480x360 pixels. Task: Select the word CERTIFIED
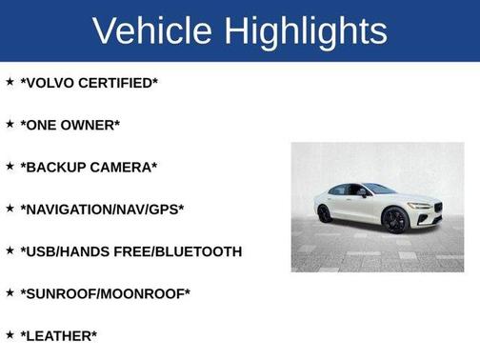(x=120, y=83)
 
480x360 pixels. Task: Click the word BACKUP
(x=55, y=167)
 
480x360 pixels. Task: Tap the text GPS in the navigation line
(x=163, y=209)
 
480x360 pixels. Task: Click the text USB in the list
(x=41, y=251)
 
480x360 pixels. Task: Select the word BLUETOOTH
(x=200, y=251)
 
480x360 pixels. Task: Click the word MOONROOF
(x=144, y=293)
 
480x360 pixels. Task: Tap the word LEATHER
(x=59, y=335)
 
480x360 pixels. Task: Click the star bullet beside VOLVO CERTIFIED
(x=10, y=82)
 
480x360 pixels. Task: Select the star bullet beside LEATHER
(x=10, y=334)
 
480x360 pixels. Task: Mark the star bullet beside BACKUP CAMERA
(x=10, y=166)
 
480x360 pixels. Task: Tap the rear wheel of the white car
(x=324, y=213)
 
